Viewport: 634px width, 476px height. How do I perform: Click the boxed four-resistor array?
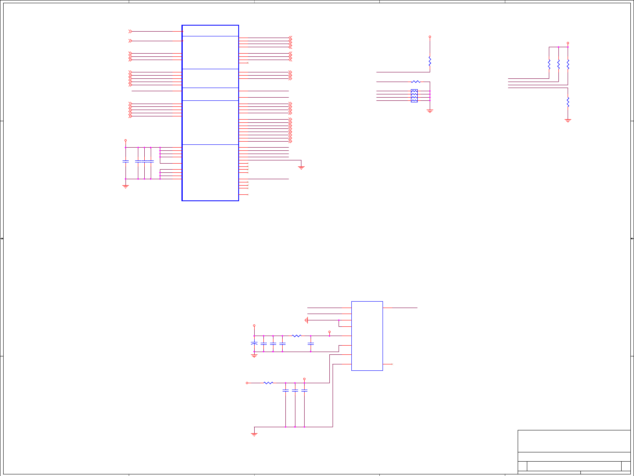(x=414, y=96)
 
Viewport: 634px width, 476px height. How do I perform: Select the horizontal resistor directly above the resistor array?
(x=416, y=82)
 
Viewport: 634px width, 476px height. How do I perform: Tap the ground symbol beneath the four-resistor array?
(x=430, y=111)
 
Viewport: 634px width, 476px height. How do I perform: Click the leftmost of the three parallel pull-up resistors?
(x=549, y=64)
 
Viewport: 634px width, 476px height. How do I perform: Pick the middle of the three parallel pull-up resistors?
(x=558, y=64)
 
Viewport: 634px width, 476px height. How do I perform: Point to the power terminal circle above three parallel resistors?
(x=568, y=43)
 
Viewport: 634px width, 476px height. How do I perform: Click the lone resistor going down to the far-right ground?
(x=568, y=102)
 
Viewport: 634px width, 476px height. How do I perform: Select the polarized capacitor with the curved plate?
(x=254, y=344)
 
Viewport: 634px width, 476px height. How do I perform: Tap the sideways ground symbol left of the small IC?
(x=306, y=320)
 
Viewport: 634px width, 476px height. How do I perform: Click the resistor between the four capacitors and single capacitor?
(x=296, y=336)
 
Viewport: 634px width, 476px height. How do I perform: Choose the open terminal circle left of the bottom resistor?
(x=247, y=383)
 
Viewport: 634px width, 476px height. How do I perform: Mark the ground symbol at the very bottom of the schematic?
(x=254, y=434)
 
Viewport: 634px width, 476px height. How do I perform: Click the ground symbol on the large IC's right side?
(x=301, y=167)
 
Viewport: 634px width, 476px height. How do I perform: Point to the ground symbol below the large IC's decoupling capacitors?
(x=126, y=186)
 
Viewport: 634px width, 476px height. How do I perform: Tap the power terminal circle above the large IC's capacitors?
(x=126, y=140)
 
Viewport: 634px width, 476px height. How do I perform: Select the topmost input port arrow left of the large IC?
(x=130, y=31)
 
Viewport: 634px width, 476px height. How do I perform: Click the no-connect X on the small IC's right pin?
(x=392, y=364)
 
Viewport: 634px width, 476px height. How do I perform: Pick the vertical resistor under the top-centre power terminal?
(x=430, y=62)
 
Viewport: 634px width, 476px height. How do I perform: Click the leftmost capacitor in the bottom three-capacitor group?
(x=285, y=390)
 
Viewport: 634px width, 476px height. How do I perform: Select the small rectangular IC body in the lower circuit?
(x=367, y=336)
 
